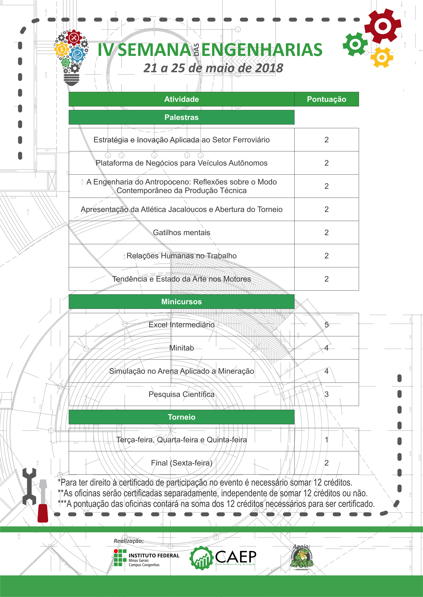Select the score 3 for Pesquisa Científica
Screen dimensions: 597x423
click(x=326, y=394)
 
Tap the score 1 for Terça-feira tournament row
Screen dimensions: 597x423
click(x=326, y=440)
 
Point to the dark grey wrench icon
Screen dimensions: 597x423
click(x=29, y=486)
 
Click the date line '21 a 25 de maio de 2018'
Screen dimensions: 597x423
click(x=213, y=68)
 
